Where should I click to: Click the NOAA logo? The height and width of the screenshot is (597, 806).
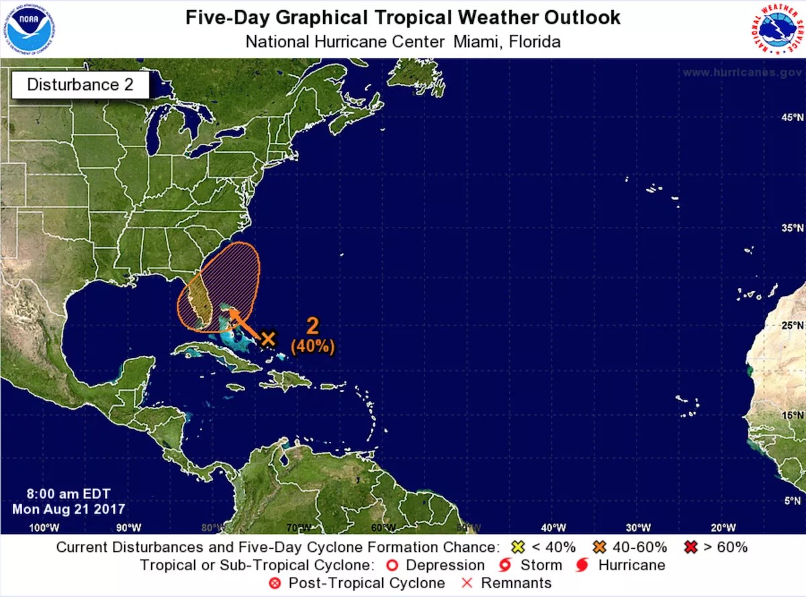[30, 29]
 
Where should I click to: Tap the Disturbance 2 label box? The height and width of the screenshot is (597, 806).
[80, 85]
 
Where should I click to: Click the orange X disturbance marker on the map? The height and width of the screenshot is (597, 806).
[268, 338]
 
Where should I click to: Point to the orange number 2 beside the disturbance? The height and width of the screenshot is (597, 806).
[312, 326]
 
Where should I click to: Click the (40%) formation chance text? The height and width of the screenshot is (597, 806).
[312, 347]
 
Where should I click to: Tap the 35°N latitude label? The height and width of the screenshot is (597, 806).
[791, 228]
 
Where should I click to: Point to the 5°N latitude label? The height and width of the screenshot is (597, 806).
[793, 500]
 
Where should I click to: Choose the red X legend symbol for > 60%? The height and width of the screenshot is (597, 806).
[690, 547]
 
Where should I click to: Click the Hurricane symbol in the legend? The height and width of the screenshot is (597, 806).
[582, 565]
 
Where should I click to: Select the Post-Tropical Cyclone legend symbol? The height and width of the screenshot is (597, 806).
[275, 583]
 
